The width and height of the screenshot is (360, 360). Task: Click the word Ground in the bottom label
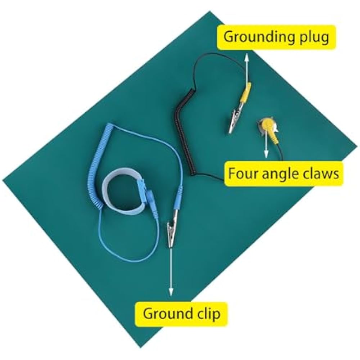(x=165, y=314)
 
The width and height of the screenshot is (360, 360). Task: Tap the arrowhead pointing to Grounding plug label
(x=247, y=57)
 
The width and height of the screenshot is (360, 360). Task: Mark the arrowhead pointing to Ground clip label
(x=171, y=292)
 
